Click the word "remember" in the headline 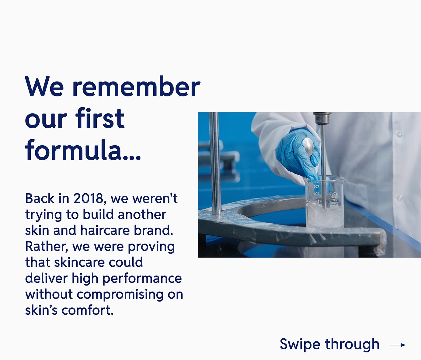click(x=136, y=86)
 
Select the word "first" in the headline click(x=100, y=118)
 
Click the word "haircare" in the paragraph click(x=105, y=230)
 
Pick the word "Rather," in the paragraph click(x=47, y=247)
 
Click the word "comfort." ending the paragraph click(x=88, y=310)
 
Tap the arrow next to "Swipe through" click(x=398, y=345)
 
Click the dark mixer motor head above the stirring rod click(x=322, y=118)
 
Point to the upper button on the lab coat click(x=400, y=134)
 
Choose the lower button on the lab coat click(x=400, y=198)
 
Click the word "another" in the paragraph click(x=142, y=214)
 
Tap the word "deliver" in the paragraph click(x=46, y=278)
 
